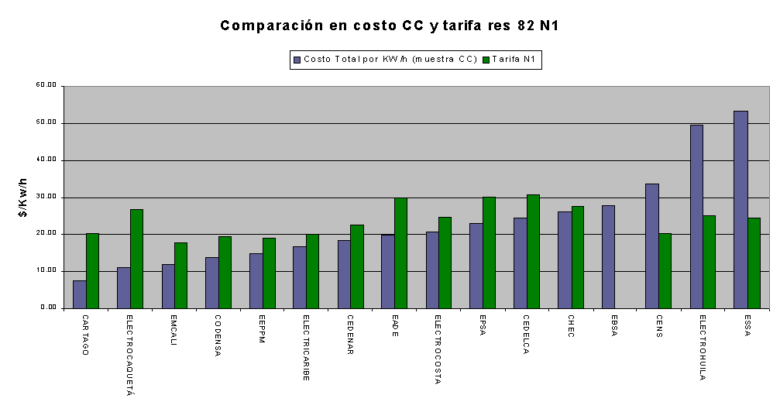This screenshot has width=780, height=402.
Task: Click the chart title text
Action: (x=390, y=26)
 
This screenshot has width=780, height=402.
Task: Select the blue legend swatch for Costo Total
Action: (x=297, y=59)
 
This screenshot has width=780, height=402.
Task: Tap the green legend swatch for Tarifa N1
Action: (x=486, y=59)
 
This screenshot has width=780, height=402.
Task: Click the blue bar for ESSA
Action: (x=740, y=209)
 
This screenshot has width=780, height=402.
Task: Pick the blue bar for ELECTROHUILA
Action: (x=696, y=216)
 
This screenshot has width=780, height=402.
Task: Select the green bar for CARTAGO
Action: (x=92, y=270)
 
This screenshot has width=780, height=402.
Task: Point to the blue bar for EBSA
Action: (x=608, y=256)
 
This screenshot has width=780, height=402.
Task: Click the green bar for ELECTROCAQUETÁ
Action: (x=136, y=259)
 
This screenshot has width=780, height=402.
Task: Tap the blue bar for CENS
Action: (x=652, y=246)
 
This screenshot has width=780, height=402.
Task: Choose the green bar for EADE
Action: (x=400, y=253)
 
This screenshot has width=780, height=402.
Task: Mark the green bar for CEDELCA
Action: (x=532, y=251)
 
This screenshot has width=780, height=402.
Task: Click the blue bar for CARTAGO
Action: (x=79, y=294)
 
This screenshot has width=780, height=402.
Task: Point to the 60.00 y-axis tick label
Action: (x=46, y=86)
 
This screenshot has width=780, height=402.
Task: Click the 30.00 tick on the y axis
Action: (x=46, y=197)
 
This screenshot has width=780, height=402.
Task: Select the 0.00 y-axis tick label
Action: (x=48, y=308)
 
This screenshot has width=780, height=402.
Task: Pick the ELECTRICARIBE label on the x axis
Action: (x=305, y=348)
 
